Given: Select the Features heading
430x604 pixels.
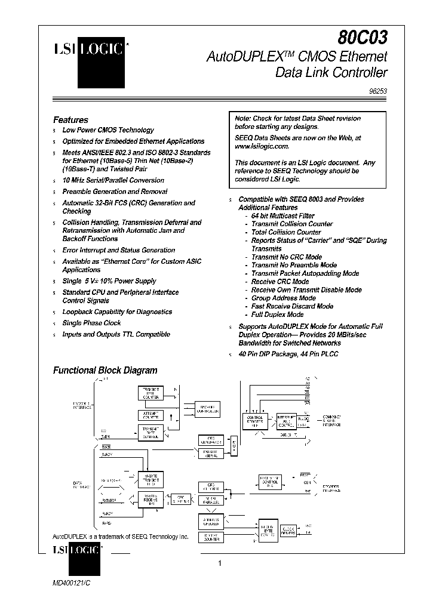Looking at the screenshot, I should click(x=70, y=119).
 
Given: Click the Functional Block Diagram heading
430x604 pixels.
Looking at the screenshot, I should click(x=105, y=370).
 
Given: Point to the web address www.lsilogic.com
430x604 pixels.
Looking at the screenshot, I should click(x=262, y=146).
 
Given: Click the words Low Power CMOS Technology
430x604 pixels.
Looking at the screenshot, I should click(x=108, y=130).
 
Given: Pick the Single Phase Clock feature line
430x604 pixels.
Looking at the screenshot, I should click(x=91, y=323).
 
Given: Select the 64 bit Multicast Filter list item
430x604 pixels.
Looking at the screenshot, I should click(x=282, y=215).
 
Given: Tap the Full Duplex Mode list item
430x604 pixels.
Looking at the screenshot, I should click(x=277, y=315).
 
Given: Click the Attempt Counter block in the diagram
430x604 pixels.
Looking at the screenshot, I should click(x=150, y=415).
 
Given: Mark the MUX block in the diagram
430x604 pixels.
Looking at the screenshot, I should click(x=234, y=445).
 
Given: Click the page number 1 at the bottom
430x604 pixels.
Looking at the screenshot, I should click(x=220, y=563).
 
